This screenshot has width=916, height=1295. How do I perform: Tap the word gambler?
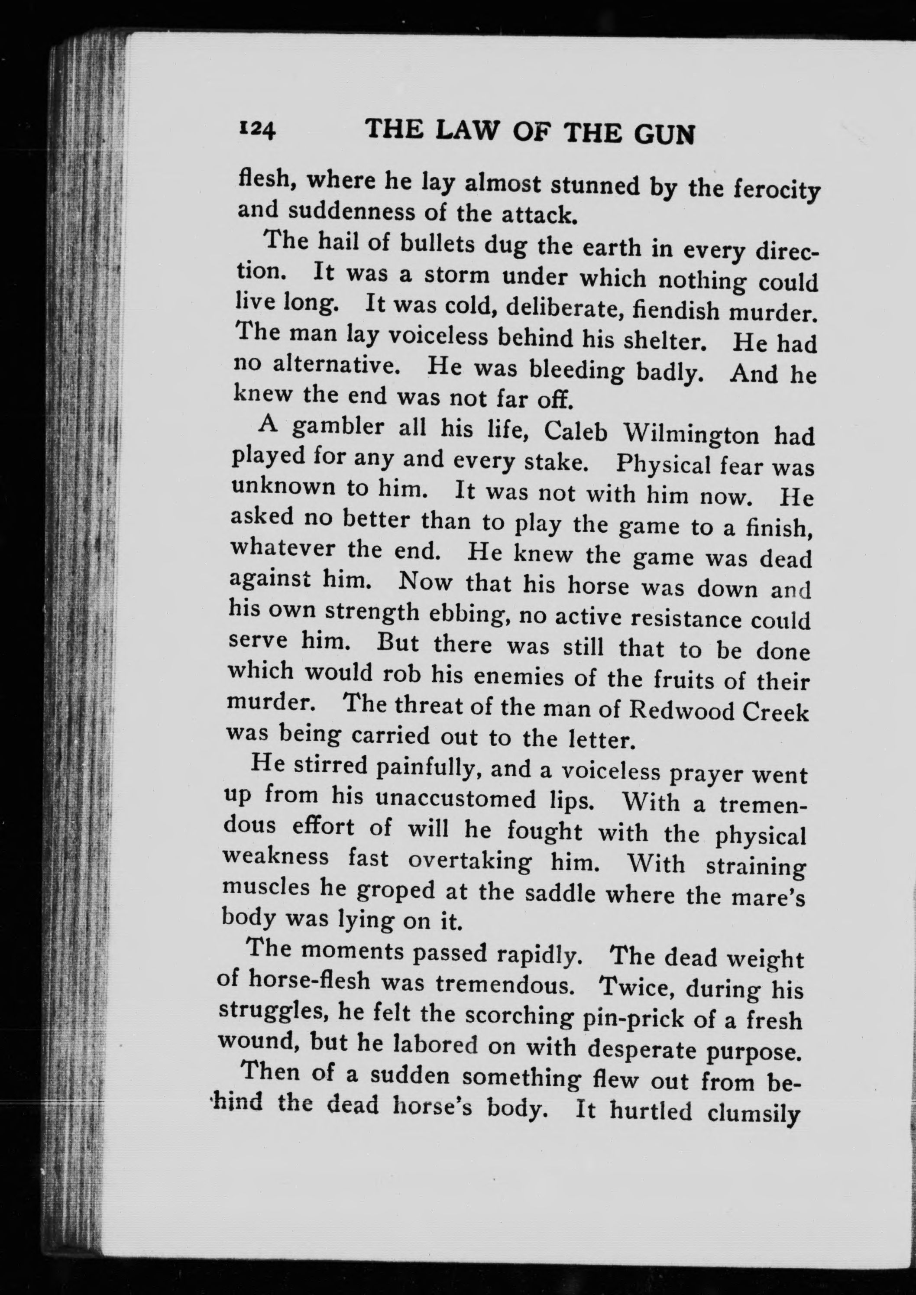tap(338, 429)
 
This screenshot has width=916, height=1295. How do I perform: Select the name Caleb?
tap(576, 433)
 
